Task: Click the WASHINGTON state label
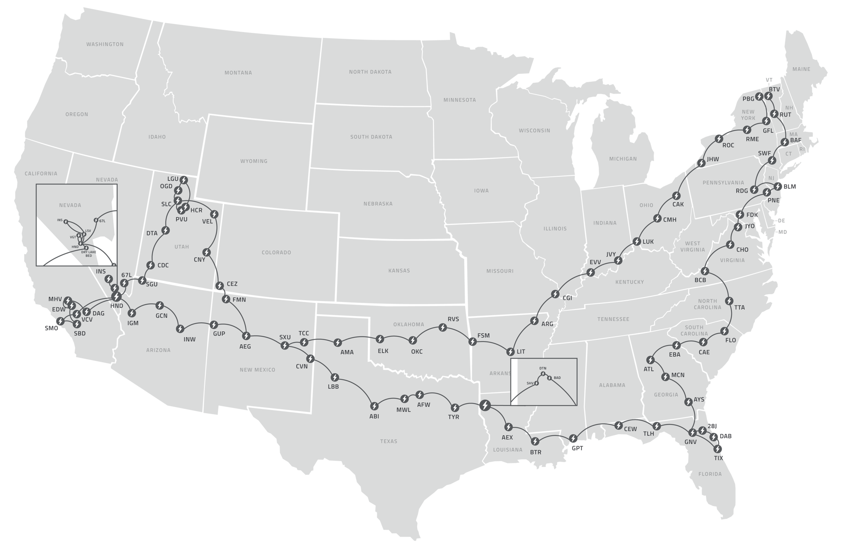[x=105, y=44]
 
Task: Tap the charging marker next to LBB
[x=335, y=377]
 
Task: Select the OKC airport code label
[x=416, y=351]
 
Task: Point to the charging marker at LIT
[x=510, y=352]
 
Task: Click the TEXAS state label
[x=389, y=441]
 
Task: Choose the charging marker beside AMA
[x=338, y=342]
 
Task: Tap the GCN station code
[x=161, y=316]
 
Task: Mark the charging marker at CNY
[x=206, y=252]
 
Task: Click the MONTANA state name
[x=238, y=73]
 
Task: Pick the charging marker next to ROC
[x=719, y=138]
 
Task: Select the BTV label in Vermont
[x=774, y=89]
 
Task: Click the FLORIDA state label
[x=710, y=474]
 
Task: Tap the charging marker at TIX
[x=717, y=449]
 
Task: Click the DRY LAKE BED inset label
[x=89, y=254]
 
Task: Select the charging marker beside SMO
[x=60, y=321]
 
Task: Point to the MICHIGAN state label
[x=623, y=159]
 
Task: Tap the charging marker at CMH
[x=657, y=218]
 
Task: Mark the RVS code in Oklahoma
[x=453, y=319]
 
